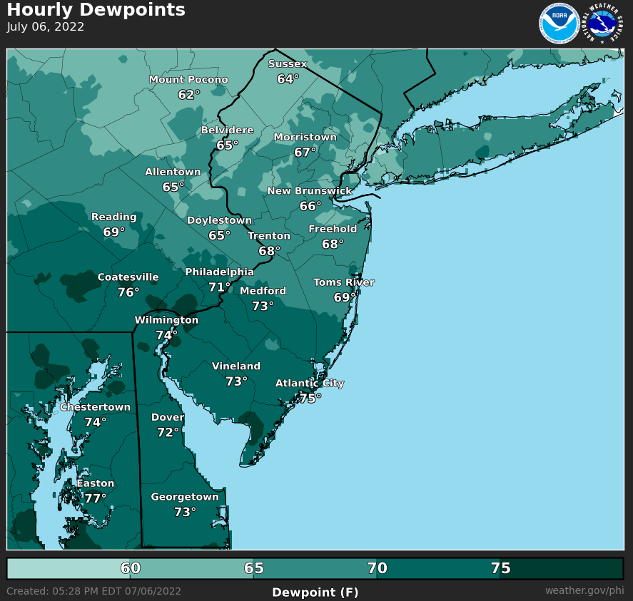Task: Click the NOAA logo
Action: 559,24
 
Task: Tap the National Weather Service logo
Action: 603,24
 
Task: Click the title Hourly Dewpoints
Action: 96,10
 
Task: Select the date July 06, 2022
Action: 46,27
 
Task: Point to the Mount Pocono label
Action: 188,80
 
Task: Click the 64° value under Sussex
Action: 288,79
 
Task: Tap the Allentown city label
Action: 173,172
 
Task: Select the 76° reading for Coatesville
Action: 128,292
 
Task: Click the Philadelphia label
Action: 219,272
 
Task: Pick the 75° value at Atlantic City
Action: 310,399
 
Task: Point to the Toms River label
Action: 344,282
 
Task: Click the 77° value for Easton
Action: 95,498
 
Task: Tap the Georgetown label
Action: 185,497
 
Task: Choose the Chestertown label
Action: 95,407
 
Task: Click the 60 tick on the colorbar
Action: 131,568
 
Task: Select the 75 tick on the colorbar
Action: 500,568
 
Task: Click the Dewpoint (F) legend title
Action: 315,592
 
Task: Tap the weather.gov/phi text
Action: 584,591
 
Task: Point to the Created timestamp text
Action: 93,591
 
